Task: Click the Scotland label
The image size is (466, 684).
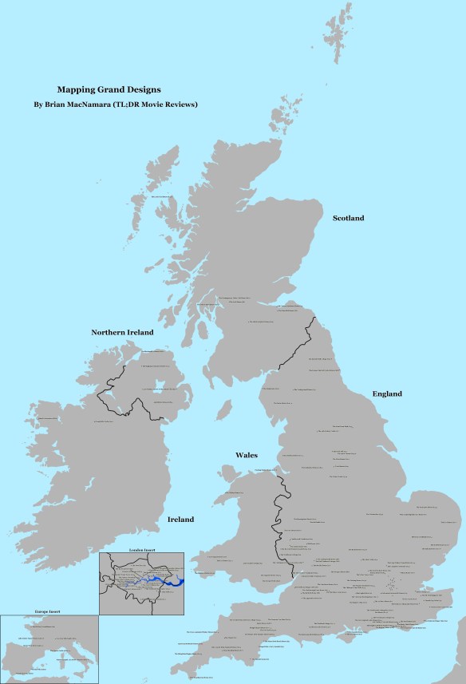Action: point(348,218)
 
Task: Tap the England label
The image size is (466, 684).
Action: point(386,393)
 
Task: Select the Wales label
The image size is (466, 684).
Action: point(246,455)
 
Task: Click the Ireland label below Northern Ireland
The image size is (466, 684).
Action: point(180,520)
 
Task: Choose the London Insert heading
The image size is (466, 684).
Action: point(144,550)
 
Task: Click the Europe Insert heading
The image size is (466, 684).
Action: point(48,611)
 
